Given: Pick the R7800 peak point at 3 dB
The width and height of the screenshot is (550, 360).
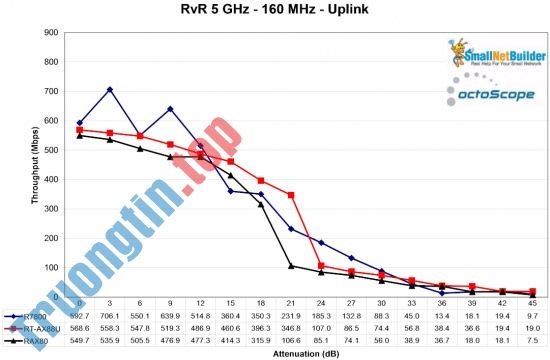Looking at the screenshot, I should (109, 90).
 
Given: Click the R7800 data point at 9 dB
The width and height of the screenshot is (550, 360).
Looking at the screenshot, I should (170, 109).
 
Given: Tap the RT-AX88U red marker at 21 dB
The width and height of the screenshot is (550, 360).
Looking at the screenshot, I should (291, 194).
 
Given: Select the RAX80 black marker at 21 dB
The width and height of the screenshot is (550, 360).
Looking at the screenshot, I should (291, 266).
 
